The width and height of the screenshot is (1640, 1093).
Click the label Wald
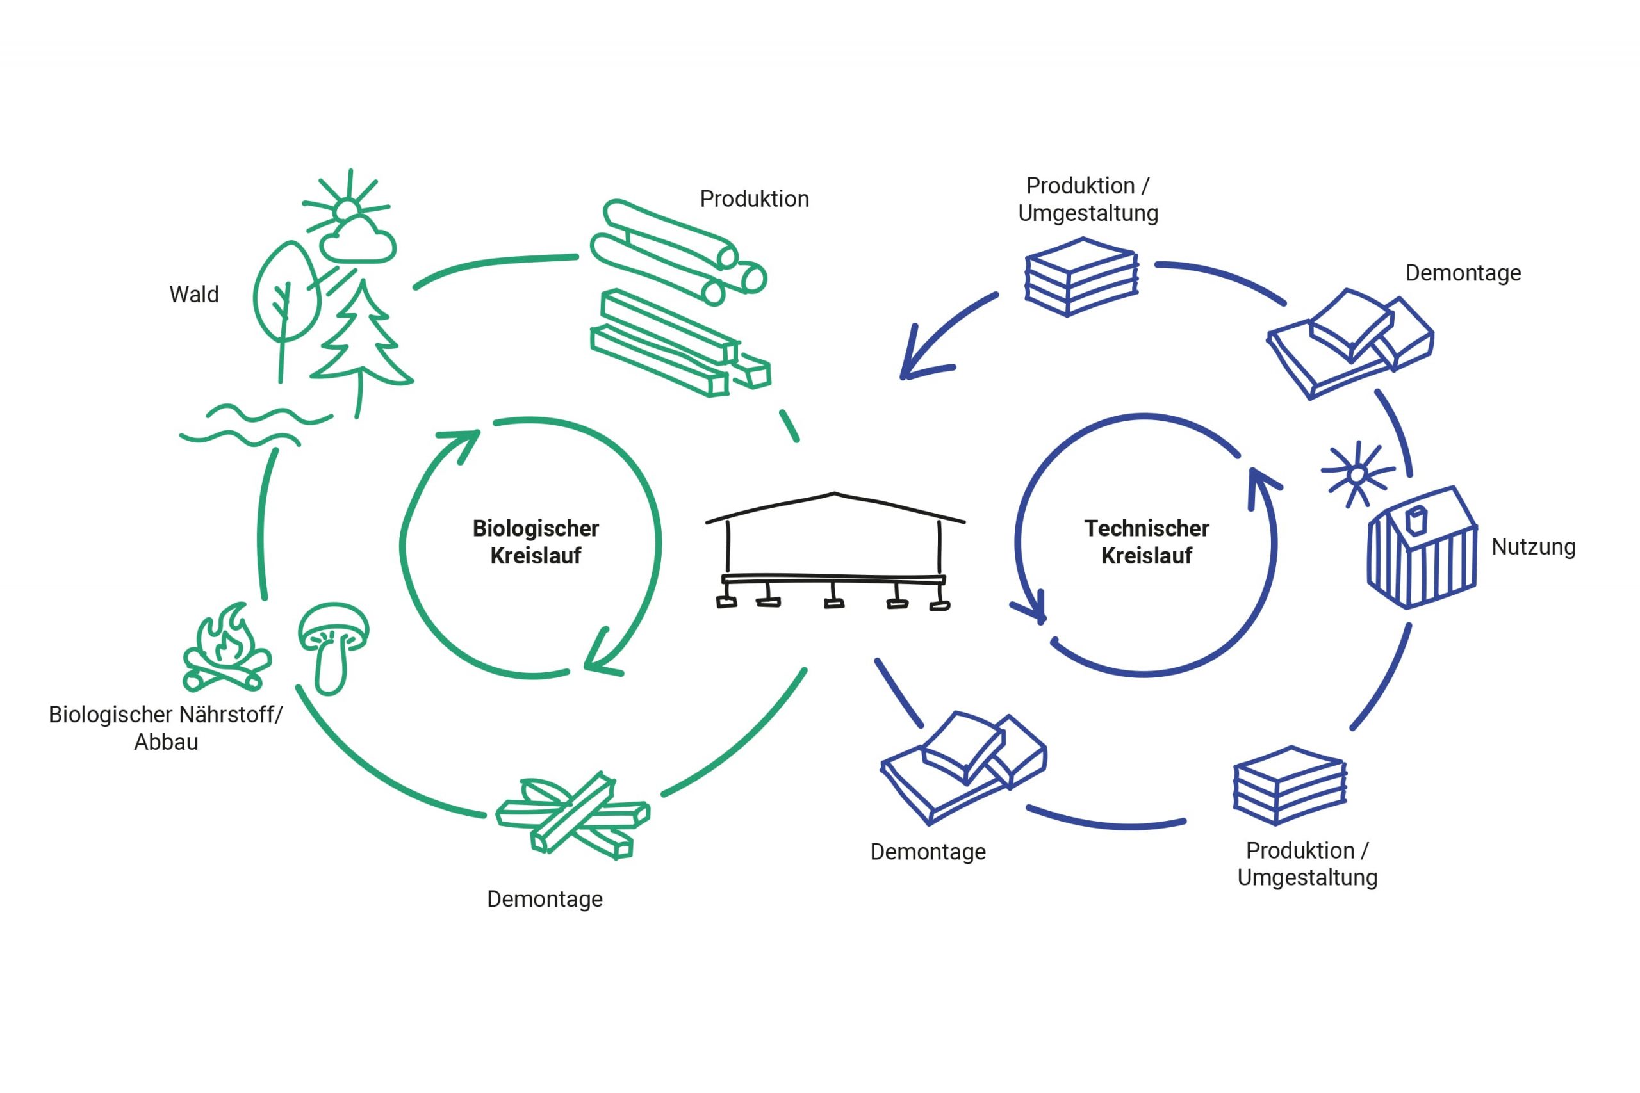tap(194, 294)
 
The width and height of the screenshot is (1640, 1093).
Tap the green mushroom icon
tap(333, 646)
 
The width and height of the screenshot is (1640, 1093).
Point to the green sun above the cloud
tap(346, 209)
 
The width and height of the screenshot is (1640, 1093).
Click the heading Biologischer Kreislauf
tap(536, 542)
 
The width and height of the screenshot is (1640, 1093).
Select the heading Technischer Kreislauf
tap(1146, 542)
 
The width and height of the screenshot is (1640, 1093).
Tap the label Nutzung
tap(1532, 547)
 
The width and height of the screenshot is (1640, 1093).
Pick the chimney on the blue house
tap(1416, 520)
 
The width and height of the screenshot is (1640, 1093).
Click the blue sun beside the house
tap(1357, 474)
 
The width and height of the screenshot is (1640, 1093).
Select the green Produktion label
tap(755, 198)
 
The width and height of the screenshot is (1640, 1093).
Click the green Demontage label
tap(545, 899)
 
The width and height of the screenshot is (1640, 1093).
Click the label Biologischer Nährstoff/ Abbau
tap(166, 728)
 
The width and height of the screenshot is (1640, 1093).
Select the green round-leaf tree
tap(286, 293)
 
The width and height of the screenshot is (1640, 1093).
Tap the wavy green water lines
tap(255, 425)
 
